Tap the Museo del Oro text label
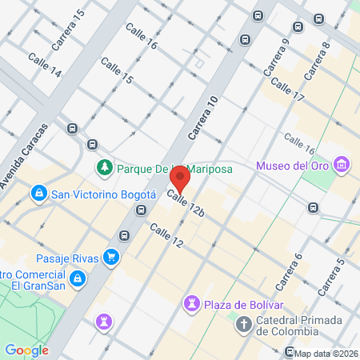[293, 166]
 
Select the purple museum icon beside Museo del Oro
[342, 165]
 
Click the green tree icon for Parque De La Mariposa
[103, 167]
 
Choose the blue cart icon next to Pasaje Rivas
[112, 258]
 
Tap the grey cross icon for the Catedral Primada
[243, 325]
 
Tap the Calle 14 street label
[45, 66]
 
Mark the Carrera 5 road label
[330, 277]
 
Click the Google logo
[26, 350]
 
